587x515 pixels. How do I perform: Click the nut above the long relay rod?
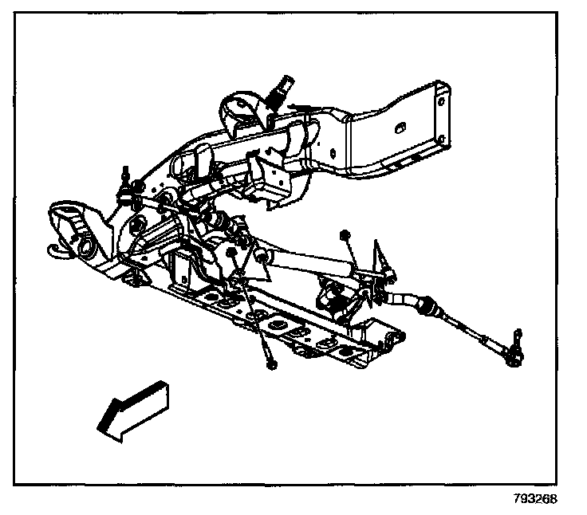tap(345, 234)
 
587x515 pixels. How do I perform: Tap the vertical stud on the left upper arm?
tap(124, 178)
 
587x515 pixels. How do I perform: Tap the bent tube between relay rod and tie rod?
tap(407, 301)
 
